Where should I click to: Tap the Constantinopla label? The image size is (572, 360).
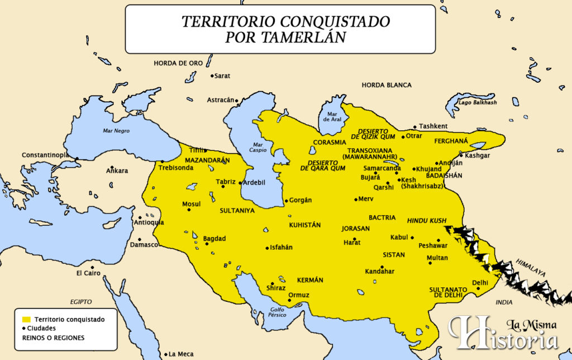coord(46,155)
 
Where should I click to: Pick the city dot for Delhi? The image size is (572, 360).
coord(478,288)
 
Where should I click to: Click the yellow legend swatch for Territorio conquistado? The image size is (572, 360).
coord(25,319)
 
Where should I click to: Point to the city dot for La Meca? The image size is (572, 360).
coord(166,354)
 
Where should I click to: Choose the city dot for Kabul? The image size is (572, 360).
coord(412,238)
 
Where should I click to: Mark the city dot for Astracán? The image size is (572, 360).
coord(236,101)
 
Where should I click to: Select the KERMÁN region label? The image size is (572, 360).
coord(310,280)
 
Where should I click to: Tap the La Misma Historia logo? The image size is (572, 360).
coord(503,333)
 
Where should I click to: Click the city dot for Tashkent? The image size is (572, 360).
coord(414,127)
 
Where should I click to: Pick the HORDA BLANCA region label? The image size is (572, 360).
coord(386,85)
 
